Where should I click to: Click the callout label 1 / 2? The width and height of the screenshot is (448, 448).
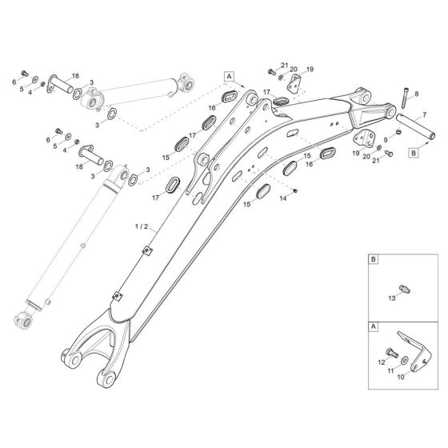pos(142,226)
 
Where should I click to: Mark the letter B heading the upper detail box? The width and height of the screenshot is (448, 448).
pos(374,259)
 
